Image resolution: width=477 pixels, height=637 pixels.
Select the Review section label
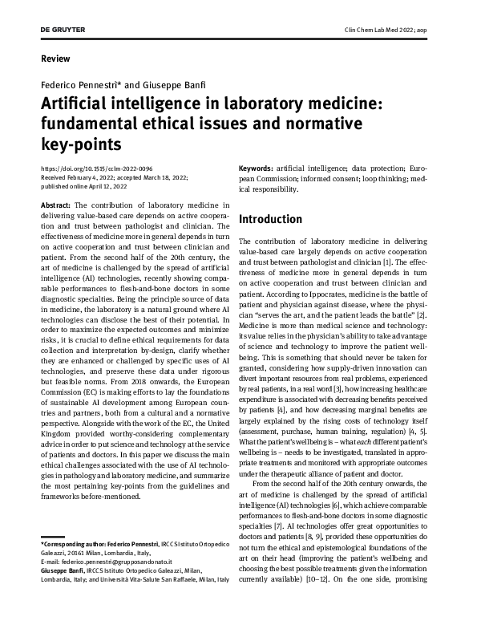tap(55, 59)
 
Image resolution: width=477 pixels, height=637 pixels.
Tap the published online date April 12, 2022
tap(101, 185)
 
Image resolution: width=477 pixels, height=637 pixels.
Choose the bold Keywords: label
tap(257, 168)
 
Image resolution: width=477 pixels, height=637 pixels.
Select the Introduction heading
tap(270, 219)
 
